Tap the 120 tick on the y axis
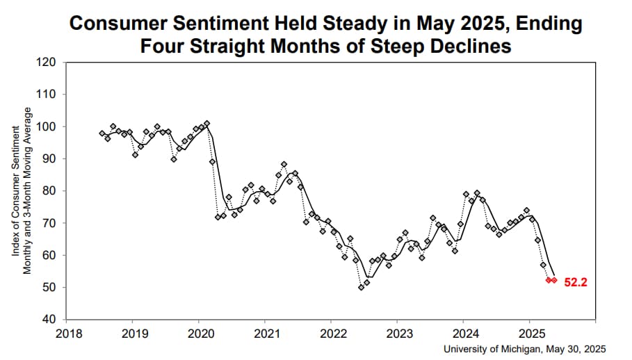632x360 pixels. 47,63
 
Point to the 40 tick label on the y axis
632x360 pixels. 49,320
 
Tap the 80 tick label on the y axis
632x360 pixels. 49,191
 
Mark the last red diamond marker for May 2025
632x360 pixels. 554,280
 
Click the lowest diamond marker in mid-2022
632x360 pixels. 361,287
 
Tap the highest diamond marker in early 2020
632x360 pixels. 206,124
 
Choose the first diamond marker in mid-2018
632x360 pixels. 102,133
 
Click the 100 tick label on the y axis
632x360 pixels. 47,126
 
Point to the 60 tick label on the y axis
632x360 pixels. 49,255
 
